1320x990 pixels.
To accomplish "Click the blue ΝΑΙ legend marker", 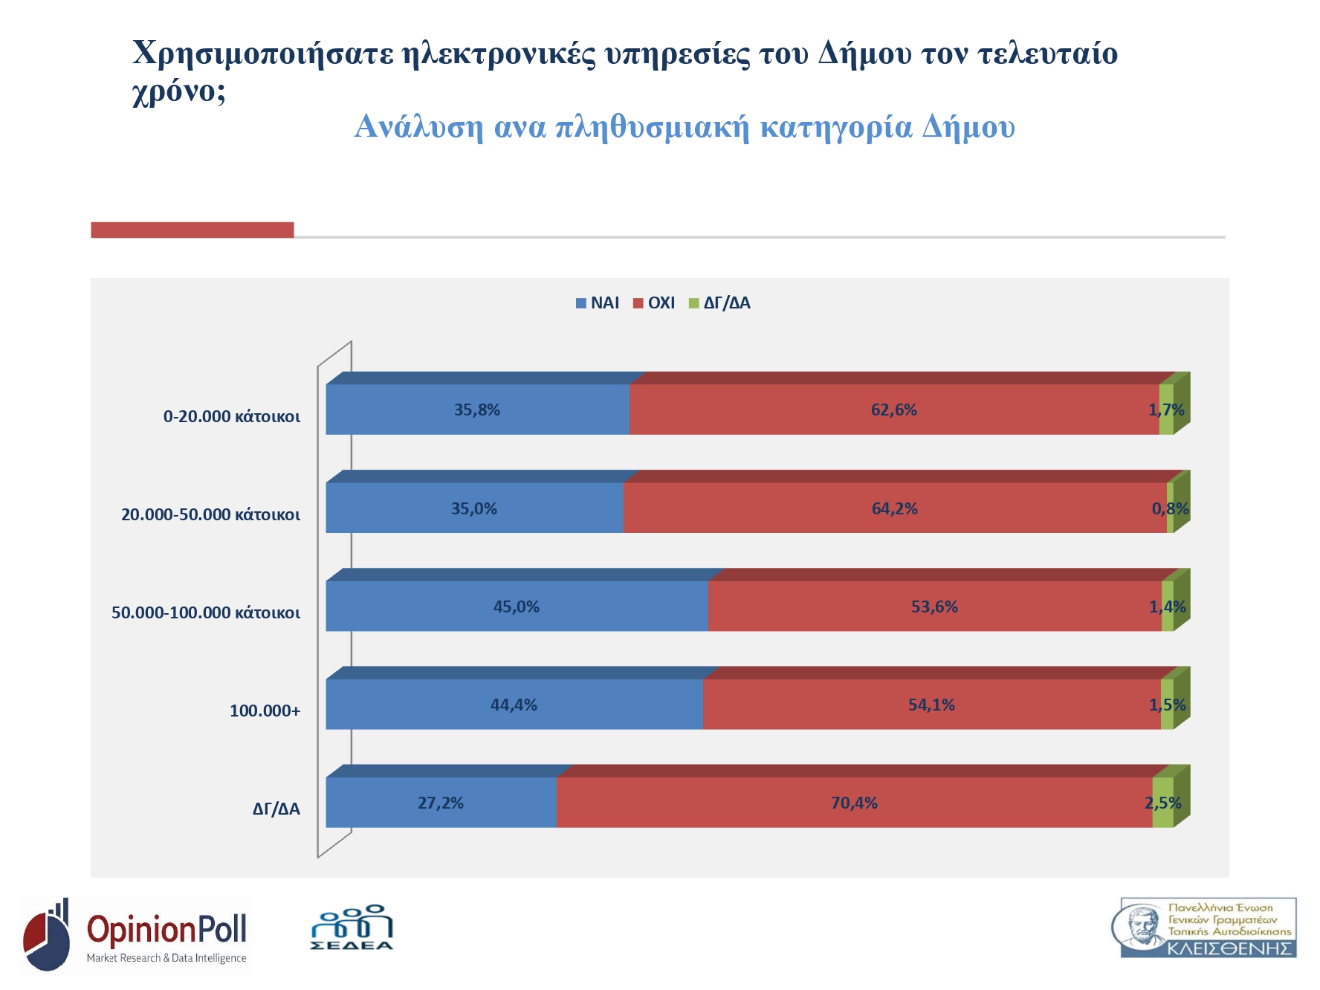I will [581, 303].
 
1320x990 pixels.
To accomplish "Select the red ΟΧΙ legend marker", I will [638, 303].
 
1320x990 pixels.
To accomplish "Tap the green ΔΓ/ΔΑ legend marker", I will [694, 303].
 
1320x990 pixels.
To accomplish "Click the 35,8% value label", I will [477, 410].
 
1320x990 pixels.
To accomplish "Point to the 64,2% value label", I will [895, 509].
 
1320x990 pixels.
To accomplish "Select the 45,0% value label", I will [517, 607].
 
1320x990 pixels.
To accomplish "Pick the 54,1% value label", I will [931, 705].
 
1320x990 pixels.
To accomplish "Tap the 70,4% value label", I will [855, 803].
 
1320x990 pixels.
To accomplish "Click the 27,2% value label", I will [441, 803].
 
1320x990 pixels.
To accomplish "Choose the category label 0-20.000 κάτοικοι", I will [232, 417].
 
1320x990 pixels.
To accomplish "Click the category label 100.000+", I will [265, 711].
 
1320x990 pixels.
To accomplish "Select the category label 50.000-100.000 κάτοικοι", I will [206, 613].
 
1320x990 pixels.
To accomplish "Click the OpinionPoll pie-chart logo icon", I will [47, 936].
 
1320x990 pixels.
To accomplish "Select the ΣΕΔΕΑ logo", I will [352, 928].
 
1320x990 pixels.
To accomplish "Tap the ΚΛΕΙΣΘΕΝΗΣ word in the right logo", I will [1229, 948].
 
